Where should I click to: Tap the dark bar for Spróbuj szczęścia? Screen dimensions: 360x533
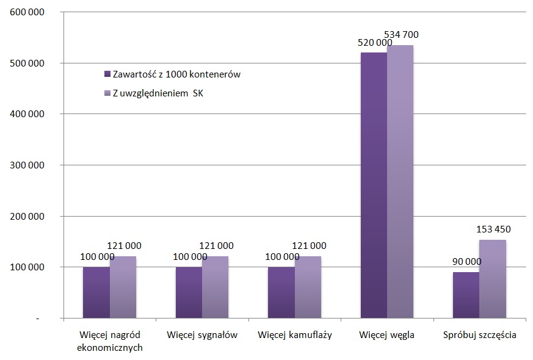[x=466, y=295]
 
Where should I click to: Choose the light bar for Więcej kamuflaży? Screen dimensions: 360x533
[x=308, y=287]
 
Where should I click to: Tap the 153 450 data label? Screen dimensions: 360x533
[x=494, y=229]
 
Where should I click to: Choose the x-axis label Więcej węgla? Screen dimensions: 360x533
[x=386, y=336]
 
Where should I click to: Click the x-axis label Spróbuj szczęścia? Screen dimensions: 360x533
[x=479, y=336]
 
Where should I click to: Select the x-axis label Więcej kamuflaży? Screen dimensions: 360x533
[x=294, y=336]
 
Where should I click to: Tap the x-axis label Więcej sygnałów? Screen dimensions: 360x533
[x=202, y=336]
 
